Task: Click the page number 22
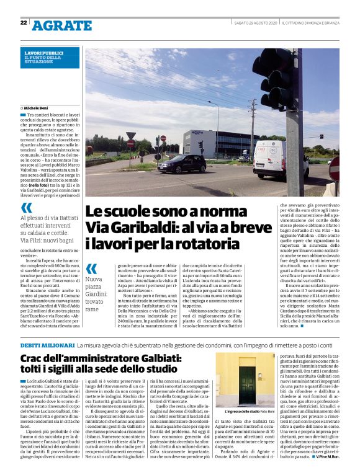pos(23,23)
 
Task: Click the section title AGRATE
pos(61,25)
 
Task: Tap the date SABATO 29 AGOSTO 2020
pos(255,23)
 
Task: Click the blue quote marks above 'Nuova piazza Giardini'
pos(91,269)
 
